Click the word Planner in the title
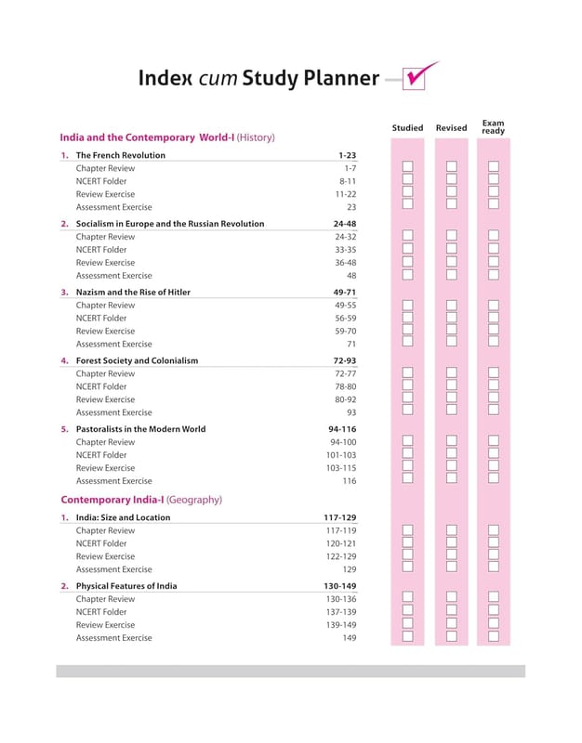pos(341,78)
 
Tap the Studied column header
pos(407,128)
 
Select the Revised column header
pos(451,128)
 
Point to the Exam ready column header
pos(493,126)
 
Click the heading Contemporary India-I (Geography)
pos(140,500)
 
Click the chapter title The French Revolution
pos(120,155)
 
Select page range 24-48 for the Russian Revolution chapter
pos(344,224)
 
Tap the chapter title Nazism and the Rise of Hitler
pos(133,292)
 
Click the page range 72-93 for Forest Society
pos(344,360)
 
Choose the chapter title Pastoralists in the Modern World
pos(140,429)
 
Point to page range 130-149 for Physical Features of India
pos(340,586)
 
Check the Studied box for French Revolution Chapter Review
pos(407,167)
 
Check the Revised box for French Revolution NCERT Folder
pos(451,180)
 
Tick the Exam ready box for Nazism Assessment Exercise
pos(494,343)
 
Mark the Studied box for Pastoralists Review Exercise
pos(407,466)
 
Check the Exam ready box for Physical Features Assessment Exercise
pos(494,636)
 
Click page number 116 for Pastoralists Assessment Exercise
pos(349,481)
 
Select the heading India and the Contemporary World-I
pos(147,137)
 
